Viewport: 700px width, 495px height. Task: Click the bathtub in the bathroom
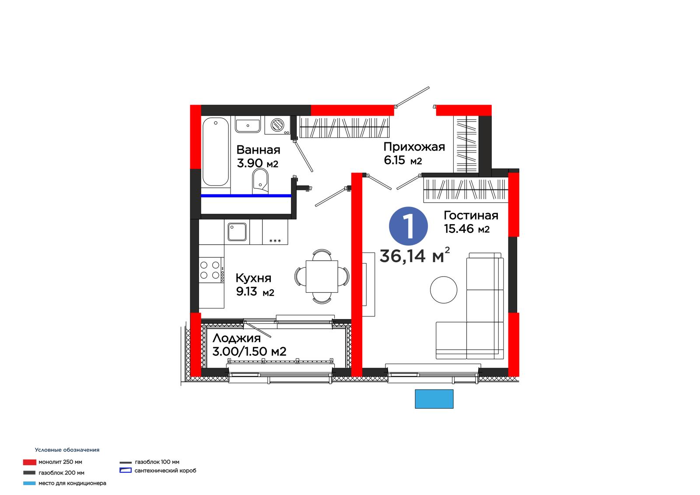(x=216, y=152)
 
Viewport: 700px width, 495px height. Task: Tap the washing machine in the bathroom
(x=278, y=126)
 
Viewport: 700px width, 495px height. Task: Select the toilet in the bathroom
(x=260, y=181)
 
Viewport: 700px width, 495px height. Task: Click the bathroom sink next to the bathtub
(x=248, y=126)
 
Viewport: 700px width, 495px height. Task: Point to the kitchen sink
(x=237, y=232)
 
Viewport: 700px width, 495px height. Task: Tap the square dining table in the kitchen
(x=322, y=277)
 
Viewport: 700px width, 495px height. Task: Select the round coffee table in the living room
(x=444, y=290)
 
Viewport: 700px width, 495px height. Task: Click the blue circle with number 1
(x=409, y=226)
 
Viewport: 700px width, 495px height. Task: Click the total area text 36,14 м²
(x=415, y=255)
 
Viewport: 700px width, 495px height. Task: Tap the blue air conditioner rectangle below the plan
(x=434, y=399)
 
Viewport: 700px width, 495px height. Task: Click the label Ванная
(x=258, y=150)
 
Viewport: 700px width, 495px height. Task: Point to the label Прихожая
(x=414, y=147)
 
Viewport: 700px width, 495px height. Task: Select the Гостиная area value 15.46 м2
(x=467, y=229)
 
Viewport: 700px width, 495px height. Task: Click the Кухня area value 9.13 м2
(x=255, y=292)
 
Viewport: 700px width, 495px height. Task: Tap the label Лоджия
(x=237, y=338)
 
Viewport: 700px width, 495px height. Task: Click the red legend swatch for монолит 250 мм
(x=30, y=462)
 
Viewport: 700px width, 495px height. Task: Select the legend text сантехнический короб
(x=165, y=470)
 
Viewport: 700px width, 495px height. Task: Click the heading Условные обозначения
(x=67, y=449)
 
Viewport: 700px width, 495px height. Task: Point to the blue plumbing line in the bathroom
(x=246, y=196)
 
